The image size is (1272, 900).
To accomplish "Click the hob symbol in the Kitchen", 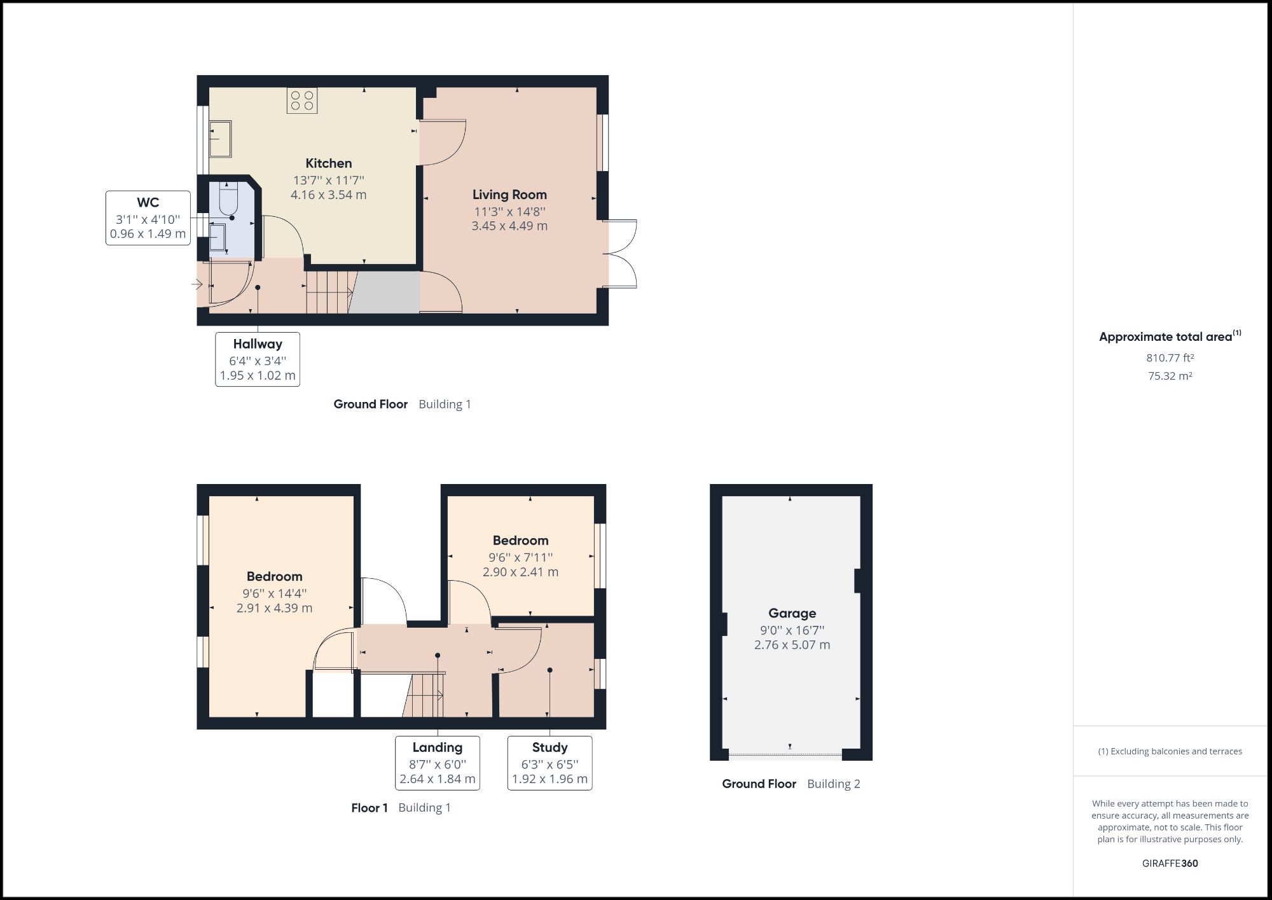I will coord(302,100).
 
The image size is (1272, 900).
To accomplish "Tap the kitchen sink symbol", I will coord(221,138).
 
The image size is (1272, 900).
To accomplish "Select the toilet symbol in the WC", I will coord(228,199).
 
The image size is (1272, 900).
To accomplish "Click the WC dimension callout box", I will coord(148,218).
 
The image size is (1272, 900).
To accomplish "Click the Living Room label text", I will coord(509,195).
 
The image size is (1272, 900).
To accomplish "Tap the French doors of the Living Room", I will coord(621,254).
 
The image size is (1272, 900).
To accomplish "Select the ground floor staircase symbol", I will coord(329,292).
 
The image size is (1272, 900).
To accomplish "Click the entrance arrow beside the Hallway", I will coord(197,284).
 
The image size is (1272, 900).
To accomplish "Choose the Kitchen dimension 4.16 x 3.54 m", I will coord(328,195).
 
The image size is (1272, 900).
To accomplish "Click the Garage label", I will coord(792,613).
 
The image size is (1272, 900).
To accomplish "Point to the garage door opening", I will coord(785,756).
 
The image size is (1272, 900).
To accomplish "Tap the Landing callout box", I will coord(438,763).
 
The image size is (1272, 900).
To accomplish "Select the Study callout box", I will coord(550,763).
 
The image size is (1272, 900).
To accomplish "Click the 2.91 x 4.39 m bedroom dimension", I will coord(274,608).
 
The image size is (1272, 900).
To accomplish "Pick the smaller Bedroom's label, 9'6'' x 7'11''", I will coord(520,557).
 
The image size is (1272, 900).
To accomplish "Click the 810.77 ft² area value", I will coord(1170,358).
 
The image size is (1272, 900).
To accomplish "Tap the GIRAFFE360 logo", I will coord(1170,863).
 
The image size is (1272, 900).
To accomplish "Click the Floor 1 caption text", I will coord(369,808).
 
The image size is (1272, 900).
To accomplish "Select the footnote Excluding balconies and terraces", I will coord(1170,751).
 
